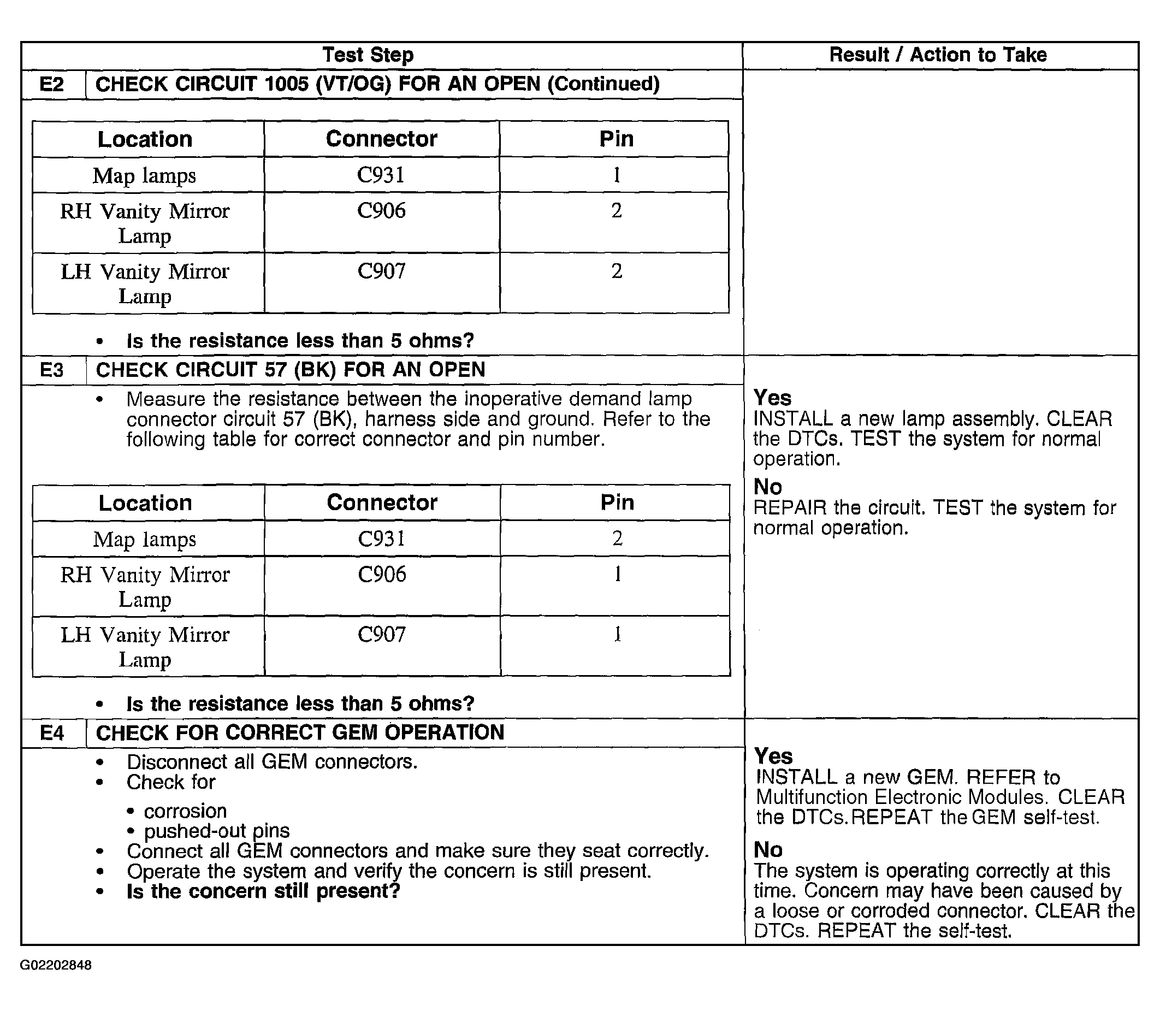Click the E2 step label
pos(51,85)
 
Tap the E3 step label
pos(52,370)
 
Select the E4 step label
pos(52,733)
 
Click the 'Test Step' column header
pos(368,55)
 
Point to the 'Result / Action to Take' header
pos(938,55)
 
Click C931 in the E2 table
pos(381,175)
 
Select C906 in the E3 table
pos(382,575)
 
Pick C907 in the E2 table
pos(381,271)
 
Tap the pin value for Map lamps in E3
pos(617,538)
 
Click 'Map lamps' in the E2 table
pos(144,175)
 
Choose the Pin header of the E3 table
pos(617,502)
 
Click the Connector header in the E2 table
pos(381,139)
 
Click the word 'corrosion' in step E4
pos(185,811)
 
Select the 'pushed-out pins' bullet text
pos(217,830)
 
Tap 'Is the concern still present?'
pos(263,891)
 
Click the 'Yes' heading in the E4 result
pos(773,755)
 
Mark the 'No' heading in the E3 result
pos(768,487)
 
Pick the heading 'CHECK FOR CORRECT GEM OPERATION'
pos(300,732)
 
